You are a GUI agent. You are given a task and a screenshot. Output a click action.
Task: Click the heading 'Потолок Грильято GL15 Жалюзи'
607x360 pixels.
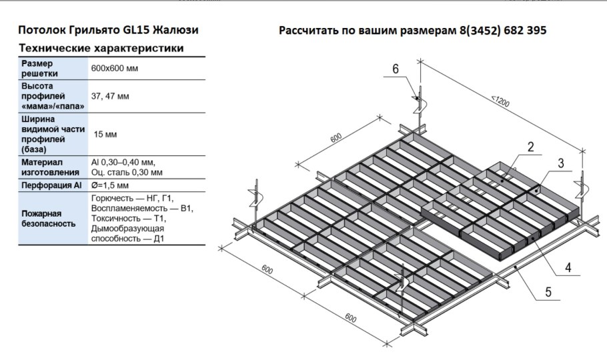pos(108,31)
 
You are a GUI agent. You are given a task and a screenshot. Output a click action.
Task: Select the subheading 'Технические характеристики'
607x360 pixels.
pos(101,49)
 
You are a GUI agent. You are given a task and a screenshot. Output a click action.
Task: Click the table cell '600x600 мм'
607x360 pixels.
pos(114,69)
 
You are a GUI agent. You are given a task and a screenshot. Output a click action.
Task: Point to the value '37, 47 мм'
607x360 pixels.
pos(110,97)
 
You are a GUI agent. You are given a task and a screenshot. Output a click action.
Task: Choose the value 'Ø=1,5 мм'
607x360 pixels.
pos(110,185)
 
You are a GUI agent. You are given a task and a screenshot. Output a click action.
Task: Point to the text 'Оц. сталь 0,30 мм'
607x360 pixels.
pos(127,171)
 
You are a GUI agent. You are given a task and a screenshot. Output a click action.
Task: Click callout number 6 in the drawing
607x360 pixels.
pos(396,69)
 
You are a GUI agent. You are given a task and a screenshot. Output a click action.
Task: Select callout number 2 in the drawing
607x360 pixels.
pos(530,148)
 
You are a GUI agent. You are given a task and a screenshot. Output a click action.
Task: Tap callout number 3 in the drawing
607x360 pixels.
pos(562,163)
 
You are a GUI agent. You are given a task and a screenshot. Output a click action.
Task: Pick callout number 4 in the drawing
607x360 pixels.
pos(567,268)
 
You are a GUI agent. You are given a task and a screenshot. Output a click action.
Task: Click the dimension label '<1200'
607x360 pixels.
pos(501,103)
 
